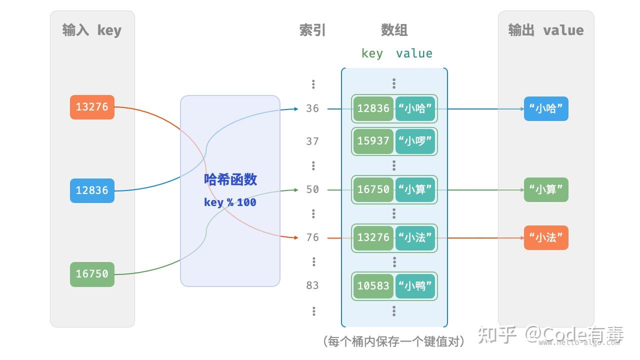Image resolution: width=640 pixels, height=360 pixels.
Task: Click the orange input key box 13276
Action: (92, 107)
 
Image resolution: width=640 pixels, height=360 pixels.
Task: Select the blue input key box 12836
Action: (92, 190)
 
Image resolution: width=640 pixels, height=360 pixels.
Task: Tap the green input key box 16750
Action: (92, 274)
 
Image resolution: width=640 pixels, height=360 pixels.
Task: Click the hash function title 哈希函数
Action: (230, 179)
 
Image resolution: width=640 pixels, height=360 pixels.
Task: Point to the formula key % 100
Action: (230, 202)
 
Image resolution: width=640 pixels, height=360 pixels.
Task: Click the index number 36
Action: (312, 108)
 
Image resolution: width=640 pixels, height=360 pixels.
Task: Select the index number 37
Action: (312, 141)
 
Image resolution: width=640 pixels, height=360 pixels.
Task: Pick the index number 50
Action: (312, 189)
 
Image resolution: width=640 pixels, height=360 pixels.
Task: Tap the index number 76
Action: (312, 237)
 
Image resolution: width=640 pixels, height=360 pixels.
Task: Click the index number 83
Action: (312, 285)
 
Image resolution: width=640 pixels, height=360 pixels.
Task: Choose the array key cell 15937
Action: (373, 141)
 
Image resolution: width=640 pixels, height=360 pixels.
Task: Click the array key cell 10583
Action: (373, 286)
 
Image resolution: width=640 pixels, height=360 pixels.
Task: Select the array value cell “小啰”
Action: (415, 141)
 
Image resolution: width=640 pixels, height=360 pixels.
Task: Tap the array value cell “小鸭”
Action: (415, 286)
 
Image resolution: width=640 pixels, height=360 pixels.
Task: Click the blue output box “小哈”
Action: (546, 109)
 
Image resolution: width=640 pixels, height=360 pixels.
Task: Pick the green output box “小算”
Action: (546, 189)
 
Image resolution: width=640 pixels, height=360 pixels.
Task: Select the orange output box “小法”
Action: (546, 237)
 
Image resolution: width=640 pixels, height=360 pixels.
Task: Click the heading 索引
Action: (312, 30)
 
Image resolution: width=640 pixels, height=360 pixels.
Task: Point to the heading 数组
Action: (394, 30)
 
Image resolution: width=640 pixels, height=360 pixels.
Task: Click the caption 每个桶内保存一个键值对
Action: (394, 341)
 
